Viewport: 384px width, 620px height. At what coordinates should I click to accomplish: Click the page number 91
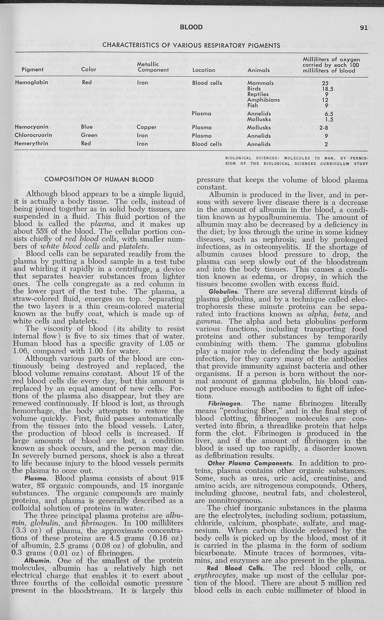point(364,27)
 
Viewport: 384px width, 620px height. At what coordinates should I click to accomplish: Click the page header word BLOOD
point(191,27)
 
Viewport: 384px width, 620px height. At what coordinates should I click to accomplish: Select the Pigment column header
point(32,70)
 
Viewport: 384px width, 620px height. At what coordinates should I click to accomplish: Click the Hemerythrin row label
point(32,144)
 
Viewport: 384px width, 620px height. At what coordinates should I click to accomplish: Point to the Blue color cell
point(86,127)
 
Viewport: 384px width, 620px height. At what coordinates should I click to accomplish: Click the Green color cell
point(89,135)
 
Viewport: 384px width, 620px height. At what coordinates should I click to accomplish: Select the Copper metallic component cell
point(146,127)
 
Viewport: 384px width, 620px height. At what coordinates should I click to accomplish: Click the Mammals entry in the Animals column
point(260,83)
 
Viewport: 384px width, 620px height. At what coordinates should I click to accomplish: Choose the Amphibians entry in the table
point(263,100)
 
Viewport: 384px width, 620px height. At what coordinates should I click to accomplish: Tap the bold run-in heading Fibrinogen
point(225,403)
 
